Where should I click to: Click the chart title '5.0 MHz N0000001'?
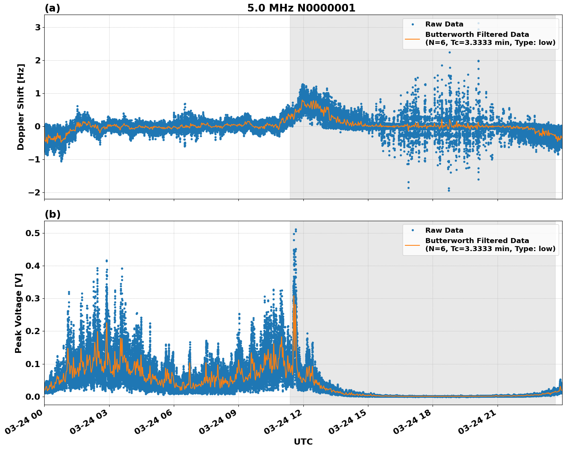301,8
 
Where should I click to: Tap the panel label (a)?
52,8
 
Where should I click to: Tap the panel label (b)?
52,214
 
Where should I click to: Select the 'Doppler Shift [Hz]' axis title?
21,107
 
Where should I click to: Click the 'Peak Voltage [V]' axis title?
18,313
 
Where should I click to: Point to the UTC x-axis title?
303,442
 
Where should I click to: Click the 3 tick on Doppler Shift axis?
38,27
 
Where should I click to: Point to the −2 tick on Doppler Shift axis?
35,192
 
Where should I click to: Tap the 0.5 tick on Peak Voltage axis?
33,233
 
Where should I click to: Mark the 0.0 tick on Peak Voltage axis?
33,397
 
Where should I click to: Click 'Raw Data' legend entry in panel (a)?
444,24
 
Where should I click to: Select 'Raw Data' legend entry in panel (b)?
444,230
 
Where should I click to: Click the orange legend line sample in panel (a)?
413,38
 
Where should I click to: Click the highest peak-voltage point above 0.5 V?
296,230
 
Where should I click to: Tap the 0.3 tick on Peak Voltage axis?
33,298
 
